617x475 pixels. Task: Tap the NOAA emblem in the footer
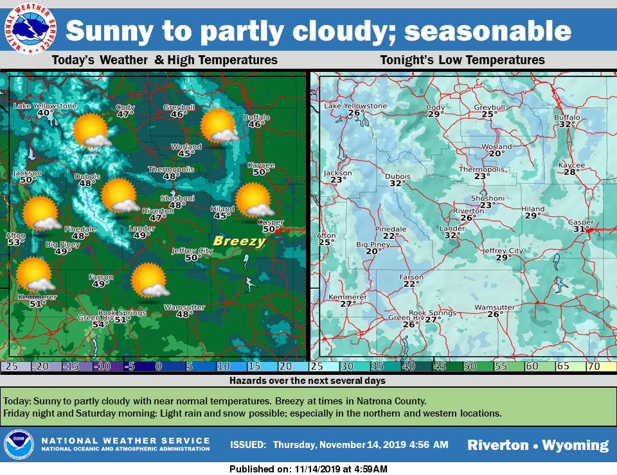tap(19, 445)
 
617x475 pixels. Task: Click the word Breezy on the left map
tap(239, 241)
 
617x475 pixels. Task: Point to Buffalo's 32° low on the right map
tap(566, 125)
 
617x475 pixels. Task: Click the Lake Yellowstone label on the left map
tap(45, 106)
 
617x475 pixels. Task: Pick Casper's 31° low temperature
tap(581, 229)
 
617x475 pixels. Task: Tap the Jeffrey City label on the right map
tap(503, 250)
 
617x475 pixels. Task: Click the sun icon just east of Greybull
tap(220, 126)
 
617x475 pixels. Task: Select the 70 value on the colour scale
tap(593, 367)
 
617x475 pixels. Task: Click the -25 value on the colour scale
tap(9, 367)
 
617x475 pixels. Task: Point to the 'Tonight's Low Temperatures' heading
tap(462, 60)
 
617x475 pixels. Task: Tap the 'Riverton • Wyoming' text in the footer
tap(537, 445)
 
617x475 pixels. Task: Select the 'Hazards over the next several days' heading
tap(308, 381)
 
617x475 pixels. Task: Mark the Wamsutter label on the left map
tap(184, 307)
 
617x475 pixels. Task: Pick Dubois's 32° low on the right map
tap(397, 184)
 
